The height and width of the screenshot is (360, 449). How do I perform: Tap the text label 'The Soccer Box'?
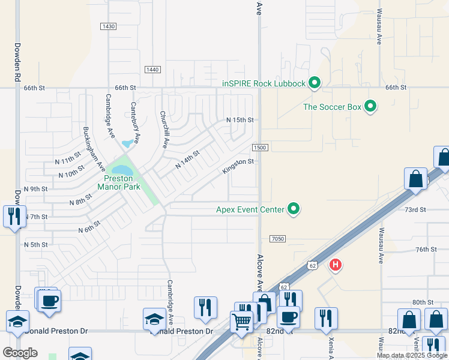pos(332,107)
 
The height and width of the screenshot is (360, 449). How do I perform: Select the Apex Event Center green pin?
pos(294,209)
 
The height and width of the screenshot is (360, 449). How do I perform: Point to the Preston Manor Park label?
pos(122,182)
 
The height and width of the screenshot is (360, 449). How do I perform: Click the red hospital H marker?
pos(336,264)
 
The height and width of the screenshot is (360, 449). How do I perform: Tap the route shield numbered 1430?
pos(108,26)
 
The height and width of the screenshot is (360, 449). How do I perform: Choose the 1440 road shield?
pos(152,70)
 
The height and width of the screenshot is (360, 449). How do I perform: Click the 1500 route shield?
pos(259,148)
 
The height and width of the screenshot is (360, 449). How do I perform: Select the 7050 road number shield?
pos(277,239)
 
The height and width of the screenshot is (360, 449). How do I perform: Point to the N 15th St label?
pos(240,120)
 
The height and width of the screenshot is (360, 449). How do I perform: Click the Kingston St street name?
pos(238,166)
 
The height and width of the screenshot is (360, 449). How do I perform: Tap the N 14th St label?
pos(187,160)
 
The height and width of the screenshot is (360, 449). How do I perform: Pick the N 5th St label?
pos(35,245)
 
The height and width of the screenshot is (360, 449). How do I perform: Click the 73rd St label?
pos(415,209)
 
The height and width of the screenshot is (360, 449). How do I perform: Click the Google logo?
pos(20,353)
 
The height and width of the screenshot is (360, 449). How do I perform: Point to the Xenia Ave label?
pos(331,344)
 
